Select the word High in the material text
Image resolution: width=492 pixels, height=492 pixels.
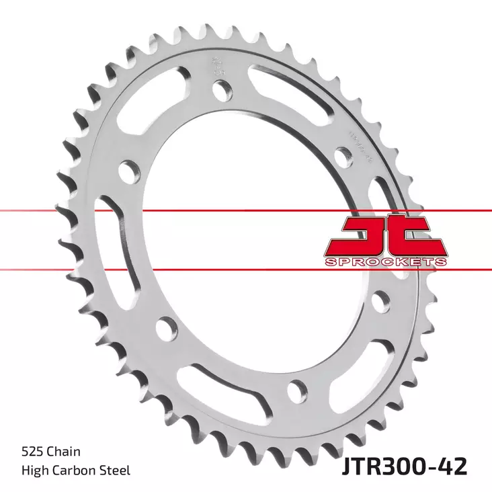tap(35, 470)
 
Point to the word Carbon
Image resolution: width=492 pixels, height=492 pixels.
tap(75, 470)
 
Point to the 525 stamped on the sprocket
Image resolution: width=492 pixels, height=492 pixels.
tap(216, 66)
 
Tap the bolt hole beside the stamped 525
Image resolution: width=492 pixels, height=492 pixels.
tap(221, 88)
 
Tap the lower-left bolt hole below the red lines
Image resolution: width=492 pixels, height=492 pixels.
tap(163, 329)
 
